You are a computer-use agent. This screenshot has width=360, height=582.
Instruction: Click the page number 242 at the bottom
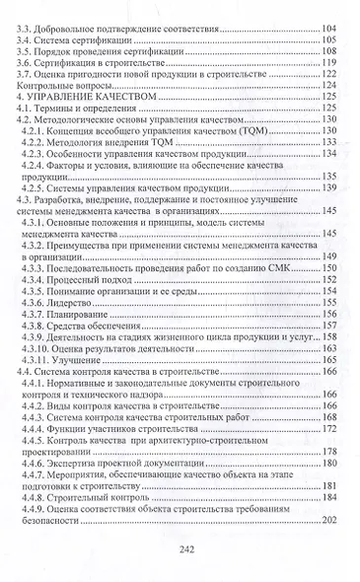point(180,547)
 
